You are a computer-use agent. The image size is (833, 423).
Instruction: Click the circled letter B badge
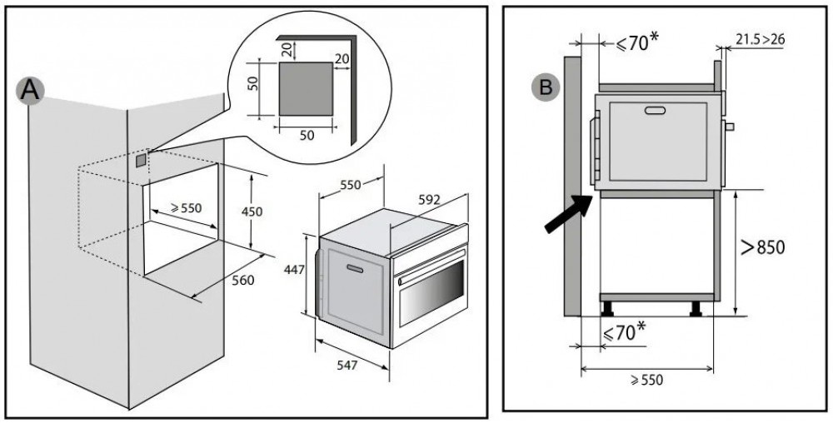pyautogui.click(x=546, y=86)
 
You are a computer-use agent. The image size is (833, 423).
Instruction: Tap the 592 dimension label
pyautogui.click(x=428, y=200)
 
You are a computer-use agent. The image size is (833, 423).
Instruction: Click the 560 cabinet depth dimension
pyautogui.click(x=242, y=280)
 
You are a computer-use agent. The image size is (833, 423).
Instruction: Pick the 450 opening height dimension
pyautogui.click(x=251, y=211)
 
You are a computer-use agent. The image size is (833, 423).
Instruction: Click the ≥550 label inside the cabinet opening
pyautogui.click(x=186, y=208)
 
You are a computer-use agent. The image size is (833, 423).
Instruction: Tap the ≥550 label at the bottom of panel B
pyautogui.click(x=646, y=380)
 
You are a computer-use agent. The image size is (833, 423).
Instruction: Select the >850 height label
pyautogui.click(x=761, y=247)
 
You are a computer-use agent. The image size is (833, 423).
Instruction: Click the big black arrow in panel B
pyautogui.click(x=567, y=213)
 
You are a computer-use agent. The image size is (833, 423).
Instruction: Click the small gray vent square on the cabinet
pyautogui.click(x=141, y=157)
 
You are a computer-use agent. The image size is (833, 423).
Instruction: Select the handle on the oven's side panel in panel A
pyautogui.click(x=353, y=268)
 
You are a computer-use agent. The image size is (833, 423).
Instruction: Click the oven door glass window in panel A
pyautogui.click(x=431, y=295)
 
